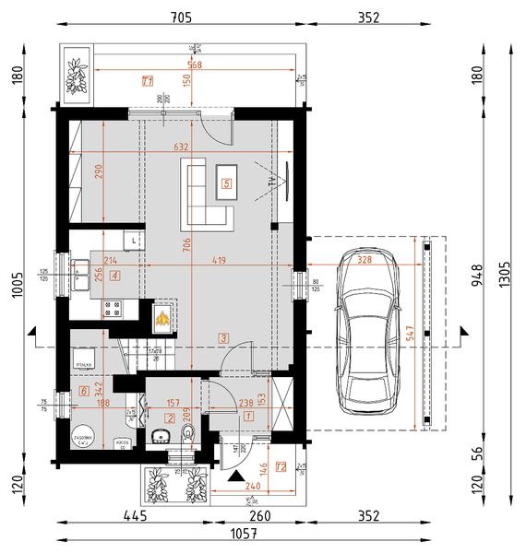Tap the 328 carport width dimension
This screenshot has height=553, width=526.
365,261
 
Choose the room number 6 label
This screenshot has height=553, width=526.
84,392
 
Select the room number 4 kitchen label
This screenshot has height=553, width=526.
114,275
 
